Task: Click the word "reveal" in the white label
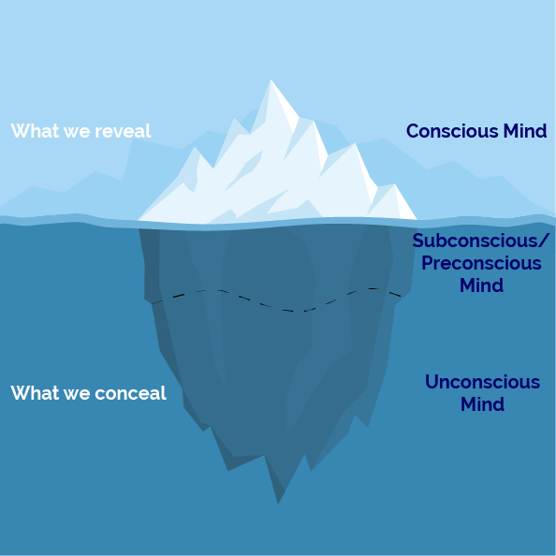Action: [x=123, y=131]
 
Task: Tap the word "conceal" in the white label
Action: [x=130, y=393]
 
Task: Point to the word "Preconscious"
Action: [x=481, y=263]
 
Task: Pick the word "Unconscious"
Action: [x=482, y=382]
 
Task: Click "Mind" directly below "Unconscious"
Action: [x=482, y=403]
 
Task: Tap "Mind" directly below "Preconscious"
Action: [x=481, y=285]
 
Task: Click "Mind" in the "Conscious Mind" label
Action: [x=524, y=131]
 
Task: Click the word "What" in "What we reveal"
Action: [x=35, y=131]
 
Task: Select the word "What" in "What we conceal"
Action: [x=35, y=393]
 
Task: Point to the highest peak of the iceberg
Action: [x=271, y=80]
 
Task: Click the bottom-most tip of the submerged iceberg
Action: [x=278, y=504]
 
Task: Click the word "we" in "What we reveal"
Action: [x=77, y=132]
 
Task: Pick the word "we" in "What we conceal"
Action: [x=77, y=394]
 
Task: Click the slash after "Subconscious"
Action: [x=545, y=241]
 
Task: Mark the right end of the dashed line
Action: [x=401, y=296]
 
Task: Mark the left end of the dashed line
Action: [x=153, y=303]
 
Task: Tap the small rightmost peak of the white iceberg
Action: [x=394, y=184]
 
